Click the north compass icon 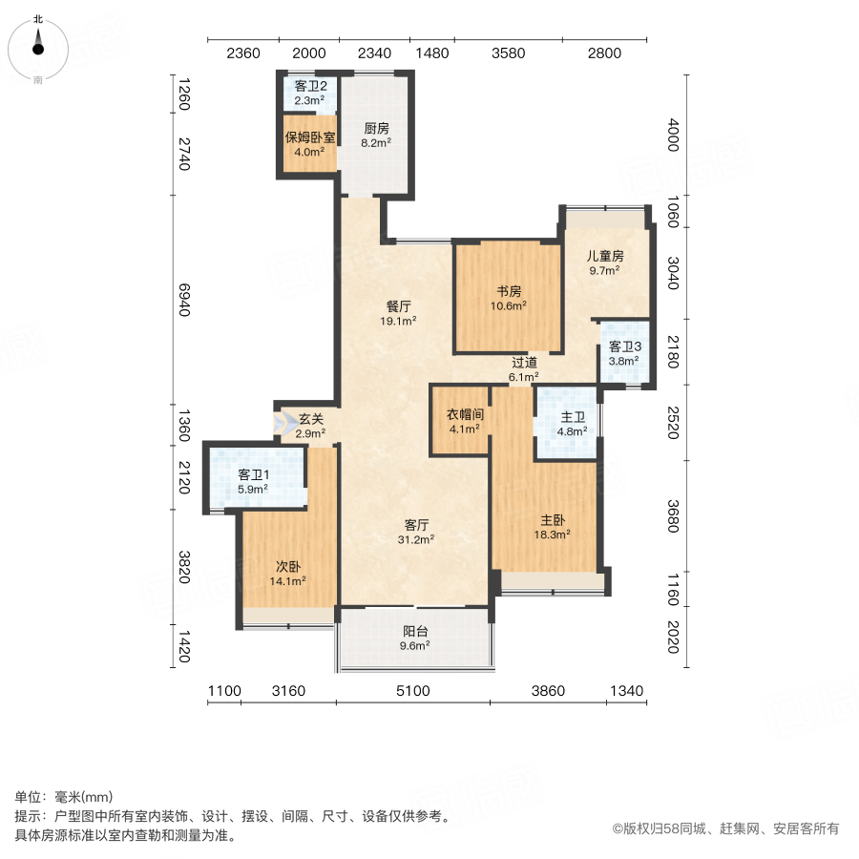click(38, 45)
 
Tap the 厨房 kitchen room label click(376, 128)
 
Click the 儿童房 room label click(605, 256)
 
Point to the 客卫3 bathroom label click(624, 346)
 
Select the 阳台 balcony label click(414, 630)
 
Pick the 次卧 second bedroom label click(289, 565)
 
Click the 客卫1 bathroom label click(253, 474)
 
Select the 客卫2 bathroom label click(309, 86)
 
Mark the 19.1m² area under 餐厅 click(399, 322)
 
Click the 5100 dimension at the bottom click(412, 691)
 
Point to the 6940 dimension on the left click(184, 299)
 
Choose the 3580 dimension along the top click(508, 53)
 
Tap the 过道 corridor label click(524, 363)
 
